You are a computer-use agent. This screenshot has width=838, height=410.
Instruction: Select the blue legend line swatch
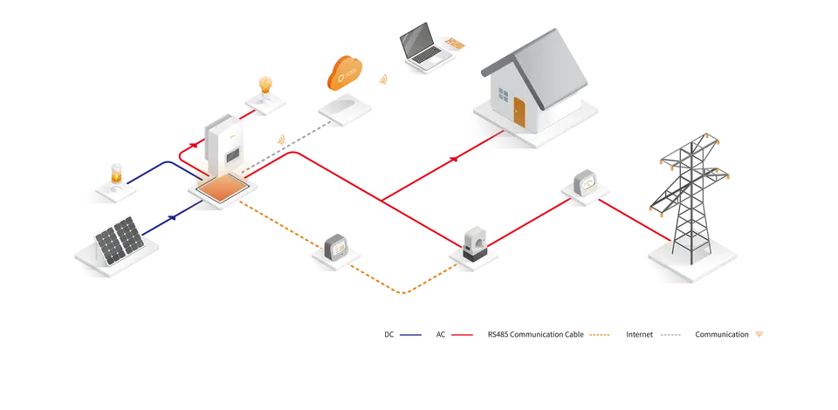point(411,335)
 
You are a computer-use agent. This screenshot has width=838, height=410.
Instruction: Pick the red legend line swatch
point(461,335)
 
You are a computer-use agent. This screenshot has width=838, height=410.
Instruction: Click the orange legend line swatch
point(601,335)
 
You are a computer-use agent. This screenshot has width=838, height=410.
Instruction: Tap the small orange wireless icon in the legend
point(760,334)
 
